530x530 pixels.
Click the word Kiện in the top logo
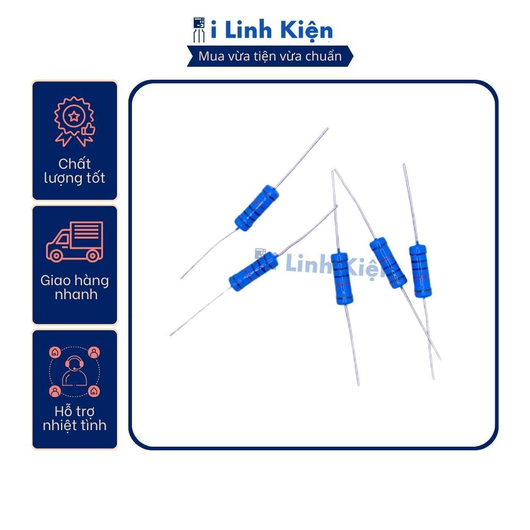click(306, 30)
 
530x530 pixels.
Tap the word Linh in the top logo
click(248, 30)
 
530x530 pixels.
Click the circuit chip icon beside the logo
click(199, 30)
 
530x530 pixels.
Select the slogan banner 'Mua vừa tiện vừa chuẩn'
click(270, 56)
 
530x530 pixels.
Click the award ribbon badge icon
click(75, 121)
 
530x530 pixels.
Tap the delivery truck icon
click(75, 241)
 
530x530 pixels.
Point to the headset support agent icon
click(75, 371)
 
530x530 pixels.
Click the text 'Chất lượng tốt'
click(75, 171)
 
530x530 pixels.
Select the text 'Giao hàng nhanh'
click(75, 287)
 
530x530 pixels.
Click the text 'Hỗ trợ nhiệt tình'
click(75, 418)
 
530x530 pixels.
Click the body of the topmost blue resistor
click(257, 208)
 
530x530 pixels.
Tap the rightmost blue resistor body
click(420, 271)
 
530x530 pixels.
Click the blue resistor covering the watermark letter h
click(342, 278)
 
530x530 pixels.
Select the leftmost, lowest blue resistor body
click(254, 272)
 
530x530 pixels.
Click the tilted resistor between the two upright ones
click(388, 263)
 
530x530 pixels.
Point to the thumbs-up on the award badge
click(89, 129)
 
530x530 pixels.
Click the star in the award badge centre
click(74, 116)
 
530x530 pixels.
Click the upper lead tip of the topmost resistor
click(327, 128)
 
